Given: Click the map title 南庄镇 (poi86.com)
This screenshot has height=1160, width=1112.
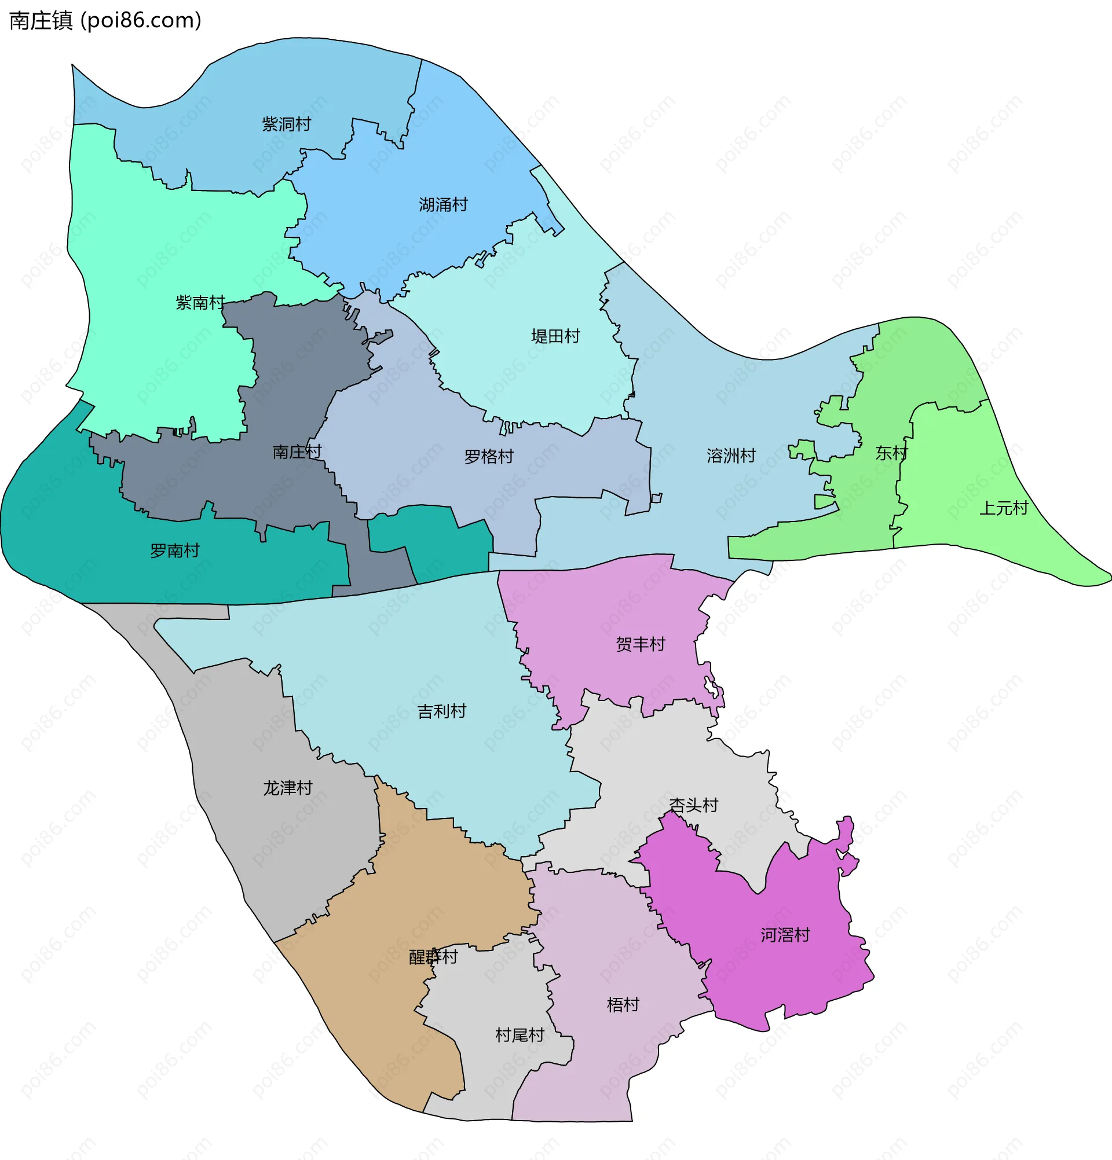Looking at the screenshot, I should point(105,20).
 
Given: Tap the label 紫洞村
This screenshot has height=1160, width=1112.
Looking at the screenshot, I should point(286,124).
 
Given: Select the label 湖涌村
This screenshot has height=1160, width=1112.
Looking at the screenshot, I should point(443,205).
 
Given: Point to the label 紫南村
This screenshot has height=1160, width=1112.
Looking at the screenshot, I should point(200,303).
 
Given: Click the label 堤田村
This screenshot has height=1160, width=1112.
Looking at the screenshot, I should point(555,337).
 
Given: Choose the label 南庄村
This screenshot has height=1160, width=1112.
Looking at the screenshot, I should point(297,452).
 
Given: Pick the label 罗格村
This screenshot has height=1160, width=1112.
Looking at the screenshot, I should point(488,457).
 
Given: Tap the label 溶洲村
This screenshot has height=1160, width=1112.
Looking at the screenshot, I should point(731,456).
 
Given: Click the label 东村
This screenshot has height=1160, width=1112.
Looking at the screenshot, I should point(891,453).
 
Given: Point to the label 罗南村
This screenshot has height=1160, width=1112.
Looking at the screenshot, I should point(175,551).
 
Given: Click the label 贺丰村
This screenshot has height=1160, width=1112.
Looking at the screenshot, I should point(640,644).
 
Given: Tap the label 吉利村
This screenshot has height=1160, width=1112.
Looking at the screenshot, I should point(442,711).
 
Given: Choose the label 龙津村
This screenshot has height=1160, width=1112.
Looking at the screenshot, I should point(287,788).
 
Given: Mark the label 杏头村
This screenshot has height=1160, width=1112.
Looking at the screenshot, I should point(693,806).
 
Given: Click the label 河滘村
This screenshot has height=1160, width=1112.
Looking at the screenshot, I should point(785,935).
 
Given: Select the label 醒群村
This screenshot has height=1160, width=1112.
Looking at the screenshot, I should point(433,957).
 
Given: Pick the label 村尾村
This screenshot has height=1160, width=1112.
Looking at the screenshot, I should point(520,1035).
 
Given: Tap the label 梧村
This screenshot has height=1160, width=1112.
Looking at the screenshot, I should point(623,1004).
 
